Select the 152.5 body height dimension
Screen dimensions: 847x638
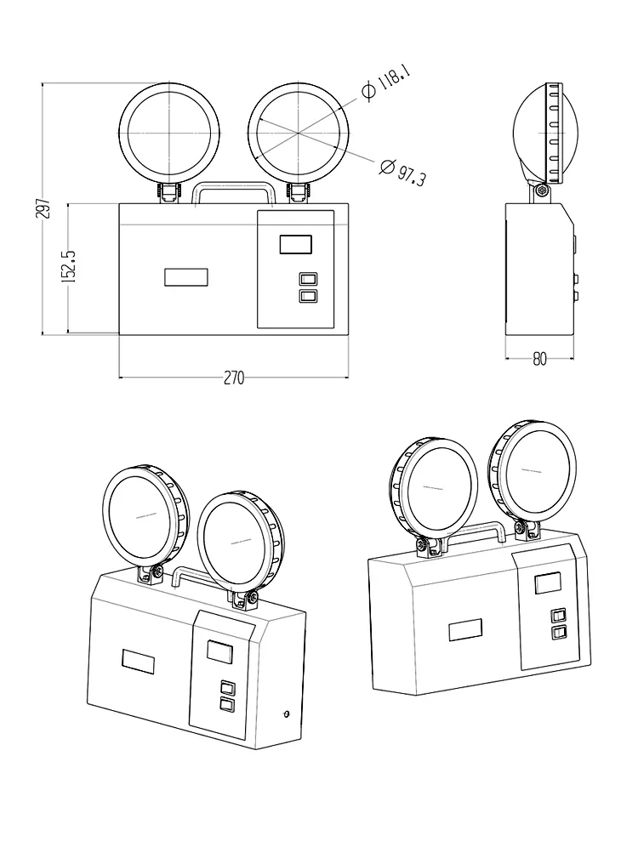[71, 266]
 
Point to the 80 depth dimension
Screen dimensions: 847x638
[539, 358]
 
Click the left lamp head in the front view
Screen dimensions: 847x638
[168, 133]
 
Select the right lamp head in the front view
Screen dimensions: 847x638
[299, 133]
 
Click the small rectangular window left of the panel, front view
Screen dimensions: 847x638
[186, 278]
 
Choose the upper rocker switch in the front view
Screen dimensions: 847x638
[308, 279]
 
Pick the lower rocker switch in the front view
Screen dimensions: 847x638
[308, 295]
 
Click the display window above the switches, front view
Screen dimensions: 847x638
[296, 244]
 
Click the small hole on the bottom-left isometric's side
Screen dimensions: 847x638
[286, 713]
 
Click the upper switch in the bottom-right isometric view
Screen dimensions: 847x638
[557, 615]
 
